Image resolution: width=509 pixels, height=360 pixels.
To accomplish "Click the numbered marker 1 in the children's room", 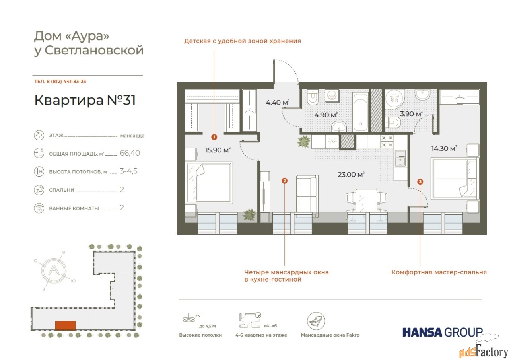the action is (214, 137).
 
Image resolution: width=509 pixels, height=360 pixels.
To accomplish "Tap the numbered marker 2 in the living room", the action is (284, 181).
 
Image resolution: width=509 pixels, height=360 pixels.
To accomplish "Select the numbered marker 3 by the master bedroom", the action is (420, 181).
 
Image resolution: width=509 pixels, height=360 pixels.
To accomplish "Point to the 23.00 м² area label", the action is (351, 175).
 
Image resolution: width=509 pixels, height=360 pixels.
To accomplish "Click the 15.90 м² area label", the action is (218, 150).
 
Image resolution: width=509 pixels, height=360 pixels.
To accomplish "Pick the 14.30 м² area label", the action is (444, 148).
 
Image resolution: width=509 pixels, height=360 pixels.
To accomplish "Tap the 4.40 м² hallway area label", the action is (278, 103).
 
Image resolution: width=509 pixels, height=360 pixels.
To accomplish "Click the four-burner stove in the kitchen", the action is (387, 141).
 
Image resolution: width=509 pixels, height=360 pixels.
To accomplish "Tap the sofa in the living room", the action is (307, 197).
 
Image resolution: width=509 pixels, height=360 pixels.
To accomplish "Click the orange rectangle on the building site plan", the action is (66, 325).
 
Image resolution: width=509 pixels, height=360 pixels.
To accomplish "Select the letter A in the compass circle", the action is (54, 270).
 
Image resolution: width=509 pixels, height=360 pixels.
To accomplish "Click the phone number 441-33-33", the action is (75, 82).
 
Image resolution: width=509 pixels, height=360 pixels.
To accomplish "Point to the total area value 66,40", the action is (130, 153).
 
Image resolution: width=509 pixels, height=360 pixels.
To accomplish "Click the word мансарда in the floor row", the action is (132, 136).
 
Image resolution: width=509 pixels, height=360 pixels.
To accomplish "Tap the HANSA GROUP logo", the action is (443, 332).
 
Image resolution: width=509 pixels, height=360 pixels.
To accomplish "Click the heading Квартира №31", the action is (85, 100).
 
